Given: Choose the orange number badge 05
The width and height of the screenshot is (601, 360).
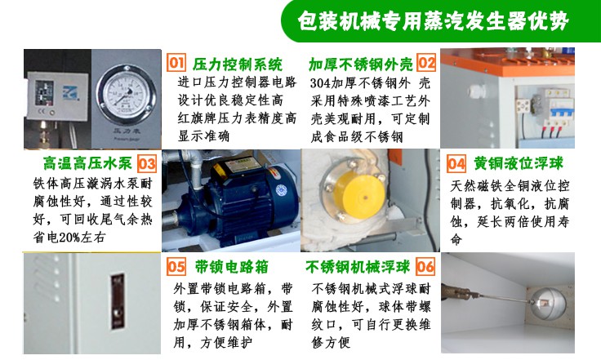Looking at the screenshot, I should pyautogui.click(x=176, y=267).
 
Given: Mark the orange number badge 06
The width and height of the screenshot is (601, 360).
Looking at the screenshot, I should pyautogui.click(x=425, y=267).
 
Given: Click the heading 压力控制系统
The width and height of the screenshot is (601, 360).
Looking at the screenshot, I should pyautogui.click(x=237, y=64).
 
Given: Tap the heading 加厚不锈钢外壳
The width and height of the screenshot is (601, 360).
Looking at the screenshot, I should pyautogui.click(x=360, y=64).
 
